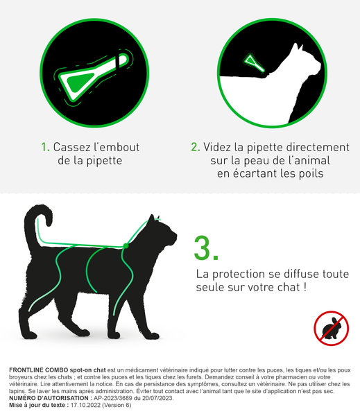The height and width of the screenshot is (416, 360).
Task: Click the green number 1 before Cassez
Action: pyautogui.click(x=45, y=147)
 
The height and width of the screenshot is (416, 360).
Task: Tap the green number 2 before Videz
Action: pyautogui.click(x=195, y=147)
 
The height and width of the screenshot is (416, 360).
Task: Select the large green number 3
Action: pyautogui.click(x=206, y=248)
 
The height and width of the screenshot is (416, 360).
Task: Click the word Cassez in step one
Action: pyautogui.click(x=70, y=147)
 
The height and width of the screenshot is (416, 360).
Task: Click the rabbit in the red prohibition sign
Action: pyautogui.click(x=332, y=329)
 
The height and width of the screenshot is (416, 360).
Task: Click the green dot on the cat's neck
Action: pyautogui.click(x=126, y=246)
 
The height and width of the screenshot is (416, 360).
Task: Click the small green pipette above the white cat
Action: pyautogui.click(x=253, y=62)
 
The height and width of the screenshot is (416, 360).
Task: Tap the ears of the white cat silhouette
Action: pyautogui.click(x=298, y=47)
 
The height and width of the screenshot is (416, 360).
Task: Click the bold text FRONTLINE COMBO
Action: pyautogui.click(x=39, y=370)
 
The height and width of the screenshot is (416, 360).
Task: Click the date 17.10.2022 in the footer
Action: pyautogui.click(x=85, y=405)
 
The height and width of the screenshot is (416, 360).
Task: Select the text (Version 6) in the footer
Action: pyautogui.click(x=117, y=405)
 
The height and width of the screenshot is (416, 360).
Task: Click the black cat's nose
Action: pyautogui.click(x=175, y=235)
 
